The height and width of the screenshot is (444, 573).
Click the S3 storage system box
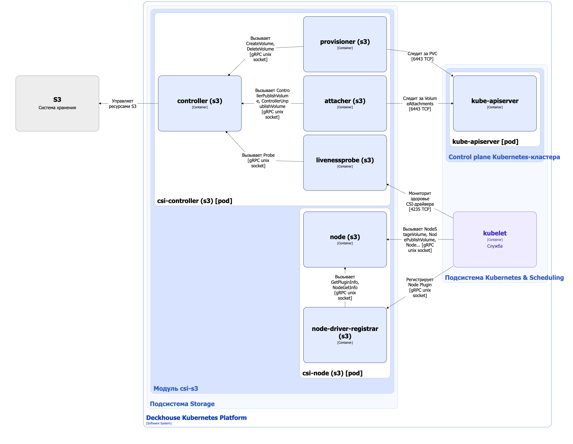(57, 103)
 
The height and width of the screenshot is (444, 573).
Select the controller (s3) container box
(200, 103)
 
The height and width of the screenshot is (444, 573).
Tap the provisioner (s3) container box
(345, 44)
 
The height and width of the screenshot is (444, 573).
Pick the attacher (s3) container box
(345, 103)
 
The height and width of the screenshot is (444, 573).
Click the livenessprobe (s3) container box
(345, 163)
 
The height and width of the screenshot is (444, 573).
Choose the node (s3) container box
(345, 239)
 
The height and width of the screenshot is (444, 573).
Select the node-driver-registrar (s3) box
(345, 335)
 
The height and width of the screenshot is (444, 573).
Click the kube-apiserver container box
(495, 103)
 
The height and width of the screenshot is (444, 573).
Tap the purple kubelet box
(495, 239)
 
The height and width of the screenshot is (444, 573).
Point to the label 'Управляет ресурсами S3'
(122, 104)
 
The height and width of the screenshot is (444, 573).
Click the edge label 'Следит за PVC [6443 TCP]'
(422, 56)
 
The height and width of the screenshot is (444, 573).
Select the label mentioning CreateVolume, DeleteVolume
(260, 49)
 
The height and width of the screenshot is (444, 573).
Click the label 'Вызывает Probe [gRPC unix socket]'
(258, 160)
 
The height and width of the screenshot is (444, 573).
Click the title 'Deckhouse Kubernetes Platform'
(196, 418)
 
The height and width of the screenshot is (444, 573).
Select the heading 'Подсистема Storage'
(182, 404)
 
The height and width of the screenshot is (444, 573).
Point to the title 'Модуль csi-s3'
(176, 388)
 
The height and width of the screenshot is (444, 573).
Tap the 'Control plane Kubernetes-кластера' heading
(504, 157)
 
